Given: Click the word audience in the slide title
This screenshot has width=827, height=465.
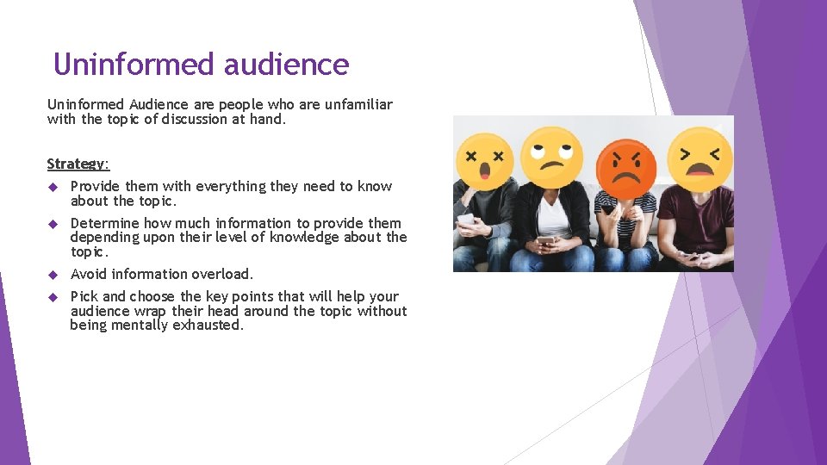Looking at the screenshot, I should pyautogui.click(x=286, y=65).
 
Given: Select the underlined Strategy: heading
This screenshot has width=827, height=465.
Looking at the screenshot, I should pyautogui.click(x=78, y=164).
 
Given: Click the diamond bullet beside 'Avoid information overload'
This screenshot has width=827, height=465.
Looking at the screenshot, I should pyautogui.click(x=53, y=275).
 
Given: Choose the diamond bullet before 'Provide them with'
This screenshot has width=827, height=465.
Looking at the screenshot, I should pyautogui.click(x=53, y=187).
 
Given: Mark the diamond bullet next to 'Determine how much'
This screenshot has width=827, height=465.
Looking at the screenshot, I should pyautogui.click(x=53, y=224).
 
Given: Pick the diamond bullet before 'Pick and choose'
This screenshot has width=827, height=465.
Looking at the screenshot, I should pyautogui.click(x=53, y=297).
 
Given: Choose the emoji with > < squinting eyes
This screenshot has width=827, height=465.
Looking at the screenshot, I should pyautogui.click(x=700, y=157).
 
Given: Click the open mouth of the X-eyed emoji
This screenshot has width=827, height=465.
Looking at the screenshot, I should pyautogui.click(x=484, y=170).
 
